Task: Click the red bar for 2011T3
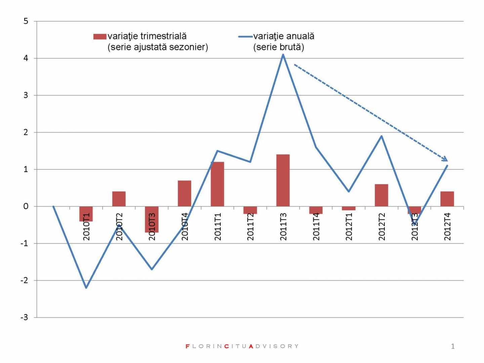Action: [283, 180]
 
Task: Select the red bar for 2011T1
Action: [217, 184]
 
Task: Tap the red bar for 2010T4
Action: [185, 193]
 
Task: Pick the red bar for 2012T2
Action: [381, 195]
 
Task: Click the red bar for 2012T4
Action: [447, 199]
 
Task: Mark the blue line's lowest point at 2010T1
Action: [86, 288]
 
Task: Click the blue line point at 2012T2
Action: [381, 136]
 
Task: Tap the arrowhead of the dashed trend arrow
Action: [445, 159]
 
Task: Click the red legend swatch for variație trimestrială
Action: [99, 37]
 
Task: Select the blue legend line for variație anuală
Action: [245, 37]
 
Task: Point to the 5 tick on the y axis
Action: [26, 22]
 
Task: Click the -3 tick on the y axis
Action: [24, 317]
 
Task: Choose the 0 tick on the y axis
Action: [26, 206]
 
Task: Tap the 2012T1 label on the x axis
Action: [349, 227]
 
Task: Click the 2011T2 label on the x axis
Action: [250, 227]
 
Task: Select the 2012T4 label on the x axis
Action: [447, 227]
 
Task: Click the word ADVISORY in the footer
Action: [274, 346]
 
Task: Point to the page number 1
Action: [453, 346]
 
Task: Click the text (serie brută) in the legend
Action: [279, 47]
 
